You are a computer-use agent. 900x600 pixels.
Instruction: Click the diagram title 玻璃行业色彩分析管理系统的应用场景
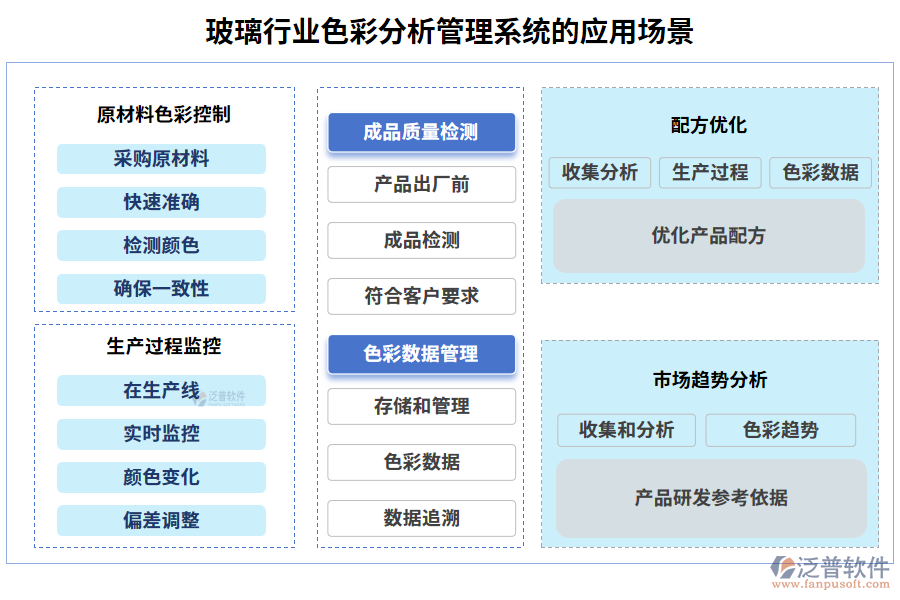tap(449, 31)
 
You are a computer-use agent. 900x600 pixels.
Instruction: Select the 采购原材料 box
tap(161, 159)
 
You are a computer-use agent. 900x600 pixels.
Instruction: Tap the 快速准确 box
tap(161, 202)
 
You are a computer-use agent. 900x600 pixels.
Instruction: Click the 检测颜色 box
tap(161, 245)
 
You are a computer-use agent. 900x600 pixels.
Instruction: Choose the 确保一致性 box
tap(161, 289)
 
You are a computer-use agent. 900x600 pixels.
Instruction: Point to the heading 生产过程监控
tap(164, 346)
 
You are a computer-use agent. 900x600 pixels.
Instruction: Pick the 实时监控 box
tap(161, 434)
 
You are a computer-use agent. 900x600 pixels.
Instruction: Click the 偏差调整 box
tap(161, 521)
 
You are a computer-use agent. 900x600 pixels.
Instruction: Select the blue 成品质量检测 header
tap(421, 132)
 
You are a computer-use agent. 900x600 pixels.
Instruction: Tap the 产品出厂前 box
tap(421, 185)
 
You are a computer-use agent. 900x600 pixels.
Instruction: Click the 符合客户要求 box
tap(421, 297)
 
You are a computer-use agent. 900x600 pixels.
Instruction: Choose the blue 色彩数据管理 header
tap(421, 354)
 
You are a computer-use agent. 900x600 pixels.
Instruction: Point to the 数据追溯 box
tap(421, 518)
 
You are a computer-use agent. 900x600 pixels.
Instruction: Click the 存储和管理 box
tap(421, 406)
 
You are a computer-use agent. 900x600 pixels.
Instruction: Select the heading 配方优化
tap(709, 126)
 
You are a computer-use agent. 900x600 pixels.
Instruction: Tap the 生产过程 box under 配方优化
tap(710, 172)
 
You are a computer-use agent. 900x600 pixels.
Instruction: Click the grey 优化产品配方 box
tap(709, 236)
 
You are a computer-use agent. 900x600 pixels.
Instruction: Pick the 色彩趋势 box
tap(780, 430)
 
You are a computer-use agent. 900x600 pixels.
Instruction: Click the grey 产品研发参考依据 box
tap(711, 497)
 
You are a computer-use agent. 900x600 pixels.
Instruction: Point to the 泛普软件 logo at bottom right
tap(829, 570)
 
